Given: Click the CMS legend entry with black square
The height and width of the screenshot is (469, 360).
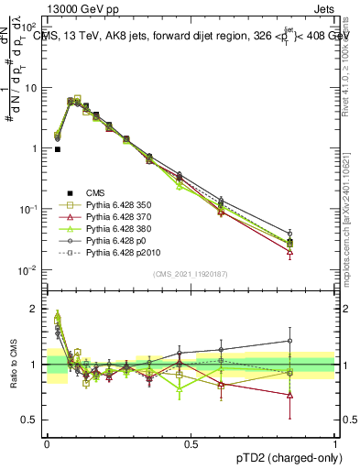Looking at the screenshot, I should (98, 193).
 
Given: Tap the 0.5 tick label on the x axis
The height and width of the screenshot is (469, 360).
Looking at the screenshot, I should (191, 443).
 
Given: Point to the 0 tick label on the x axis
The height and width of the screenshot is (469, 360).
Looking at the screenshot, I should (46, 443).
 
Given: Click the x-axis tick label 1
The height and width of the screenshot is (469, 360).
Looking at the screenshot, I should (335, 443).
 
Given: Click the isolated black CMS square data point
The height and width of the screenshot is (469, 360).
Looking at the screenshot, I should (58, 148).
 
